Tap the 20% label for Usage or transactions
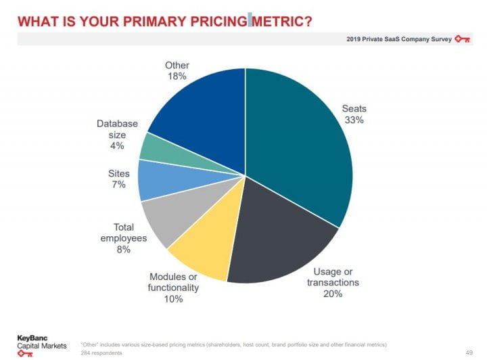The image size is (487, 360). pos(333,294)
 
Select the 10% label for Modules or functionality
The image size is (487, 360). pos(173,298)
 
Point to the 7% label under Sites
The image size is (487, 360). pos(118,185)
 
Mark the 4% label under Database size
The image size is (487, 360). pos(117,145)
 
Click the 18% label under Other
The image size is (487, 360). pos(177,76)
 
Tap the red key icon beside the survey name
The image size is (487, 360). pos(463,39)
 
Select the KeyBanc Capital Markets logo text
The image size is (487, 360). pos(41,342)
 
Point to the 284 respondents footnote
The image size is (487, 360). pos(101,353)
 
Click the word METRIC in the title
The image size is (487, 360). pos(283,20)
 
